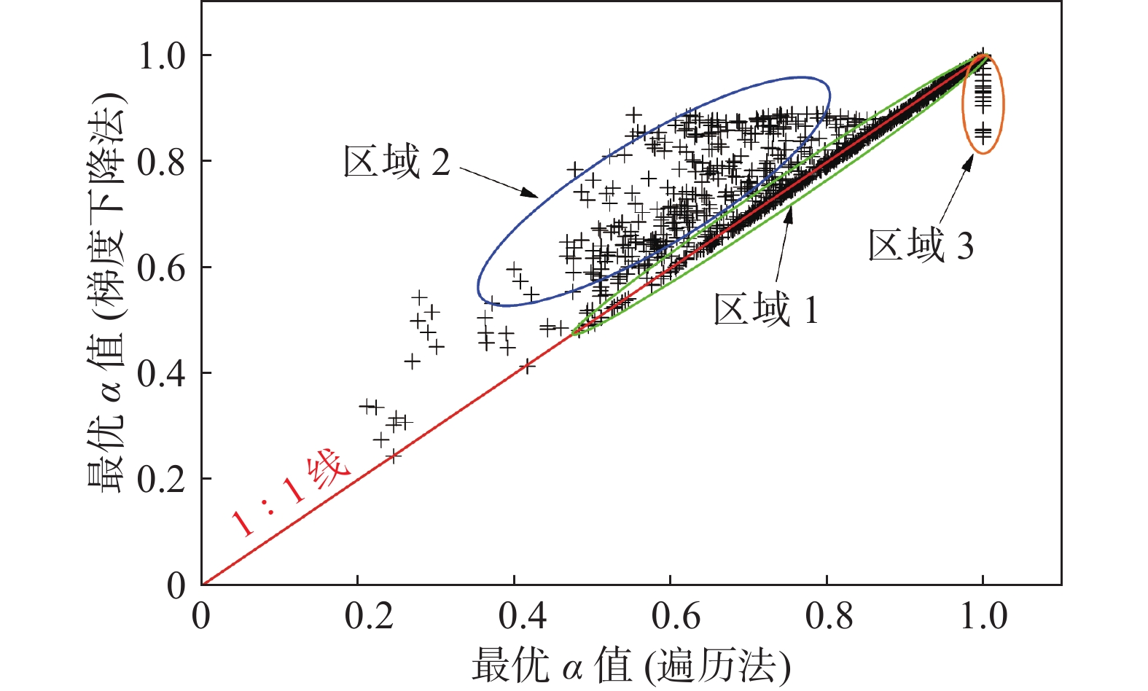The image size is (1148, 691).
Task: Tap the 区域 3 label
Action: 921,245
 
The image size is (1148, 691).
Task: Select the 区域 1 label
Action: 765,310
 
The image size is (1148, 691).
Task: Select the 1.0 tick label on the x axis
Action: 983,617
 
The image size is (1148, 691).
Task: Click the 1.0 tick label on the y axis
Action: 162,56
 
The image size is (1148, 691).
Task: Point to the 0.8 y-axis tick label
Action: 162,163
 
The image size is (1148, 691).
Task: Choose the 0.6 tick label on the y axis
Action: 162,268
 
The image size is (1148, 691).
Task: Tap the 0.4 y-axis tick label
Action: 162,374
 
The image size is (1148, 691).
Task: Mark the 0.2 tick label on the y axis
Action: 162,480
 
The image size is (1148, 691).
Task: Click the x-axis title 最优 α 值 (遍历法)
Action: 630,665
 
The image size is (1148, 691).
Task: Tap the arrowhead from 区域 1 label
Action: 788,212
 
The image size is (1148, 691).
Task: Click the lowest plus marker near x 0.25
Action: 394,456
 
